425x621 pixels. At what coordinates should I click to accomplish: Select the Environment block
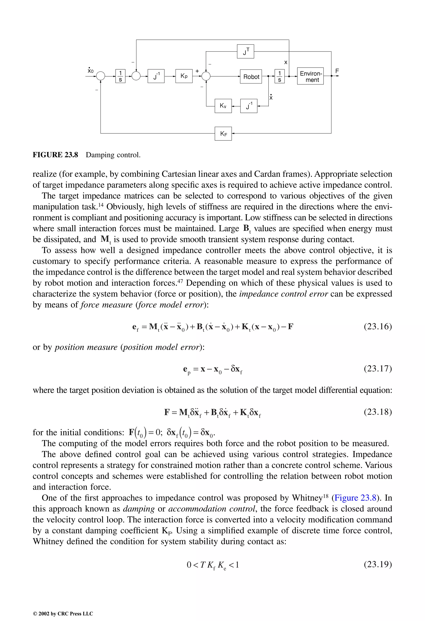310,76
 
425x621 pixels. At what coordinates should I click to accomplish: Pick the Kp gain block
184,76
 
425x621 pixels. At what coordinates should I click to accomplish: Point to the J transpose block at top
245,51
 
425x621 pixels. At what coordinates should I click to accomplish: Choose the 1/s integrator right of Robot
279,76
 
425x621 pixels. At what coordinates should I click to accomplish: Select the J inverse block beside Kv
249,106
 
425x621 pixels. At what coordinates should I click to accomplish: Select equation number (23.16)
377,327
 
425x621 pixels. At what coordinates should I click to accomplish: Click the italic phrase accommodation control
211,509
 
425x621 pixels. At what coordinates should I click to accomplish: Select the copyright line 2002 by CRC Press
63,614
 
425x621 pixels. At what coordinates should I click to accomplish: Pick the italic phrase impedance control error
283,294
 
